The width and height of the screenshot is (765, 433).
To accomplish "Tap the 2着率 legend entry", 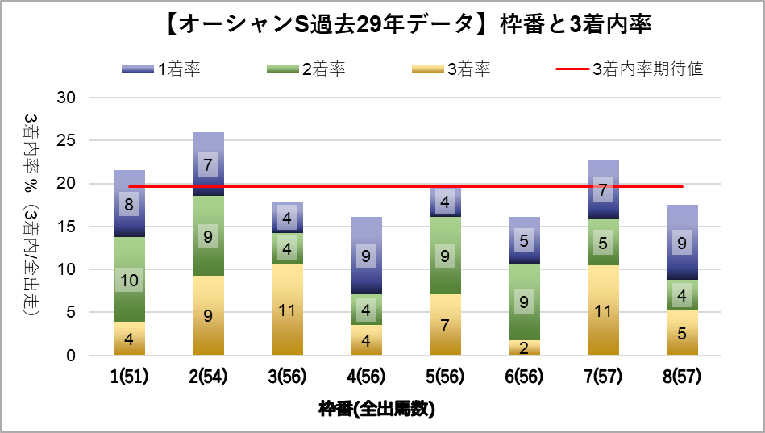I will [306, 69].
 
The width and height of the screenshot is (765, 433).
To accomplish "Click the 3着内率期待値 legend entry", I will [630, 69].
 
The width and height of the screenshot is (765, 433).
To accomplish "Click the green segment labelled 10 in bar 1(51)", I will [130, 280].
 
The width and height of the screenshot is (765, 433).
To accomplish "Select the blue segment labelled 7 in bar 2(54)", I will [209, 165].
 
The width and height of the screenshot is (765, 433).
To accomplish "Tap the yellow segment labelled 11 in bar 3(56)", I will [288, 310].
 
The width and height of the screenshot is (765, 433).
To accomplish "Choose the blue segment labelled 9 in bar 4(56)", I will [366, 256].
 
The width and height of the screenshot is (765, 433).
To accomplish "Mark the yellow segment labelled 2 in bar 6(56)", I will [524, 348].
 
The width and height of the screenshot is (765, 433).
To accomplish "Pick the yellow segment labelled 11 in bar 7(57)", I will [603, 310].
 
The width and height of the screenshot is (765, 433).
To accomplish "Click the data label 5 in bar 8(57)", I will [682, 332].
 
